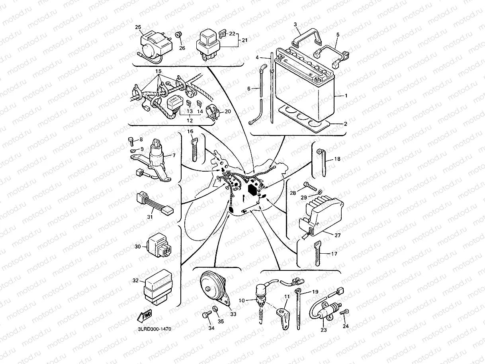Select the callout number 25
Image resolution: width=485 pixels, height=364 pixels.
(x=138, y=27)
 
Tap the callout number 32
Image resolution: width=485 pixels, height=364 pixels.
(x=135, y=281)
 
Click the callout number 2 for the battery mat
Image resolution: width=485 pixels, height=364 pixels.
(x=345, y=124)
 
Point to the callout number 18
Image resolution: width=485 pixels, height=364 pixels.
(x=337, y=159)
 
